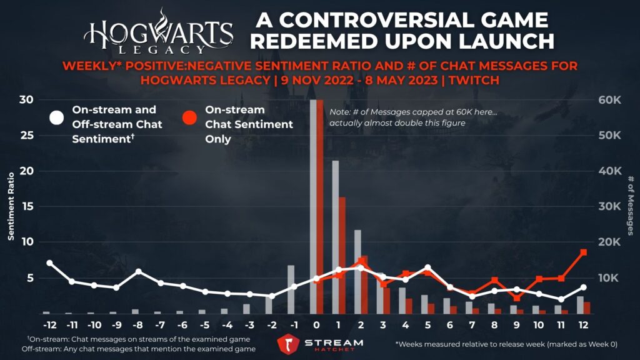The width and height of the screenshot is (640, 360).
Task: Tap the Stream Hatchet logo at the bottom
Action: [320, 344]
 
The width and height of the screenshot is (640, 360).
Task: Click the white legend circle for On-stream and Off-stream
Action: [57, 117]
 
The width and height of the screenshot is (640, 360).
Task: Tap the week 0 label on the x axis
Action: [316, 326]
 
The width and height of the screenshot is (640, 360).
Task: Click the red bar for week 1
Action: [342, 255]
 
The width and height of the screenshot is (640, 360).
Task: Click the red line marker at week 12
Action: [584, 252]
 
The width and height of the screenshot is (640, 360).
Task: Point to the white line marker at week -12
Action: [49, 263]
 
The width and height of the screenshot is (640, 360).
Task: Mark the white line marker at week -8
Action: [139, 272]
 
